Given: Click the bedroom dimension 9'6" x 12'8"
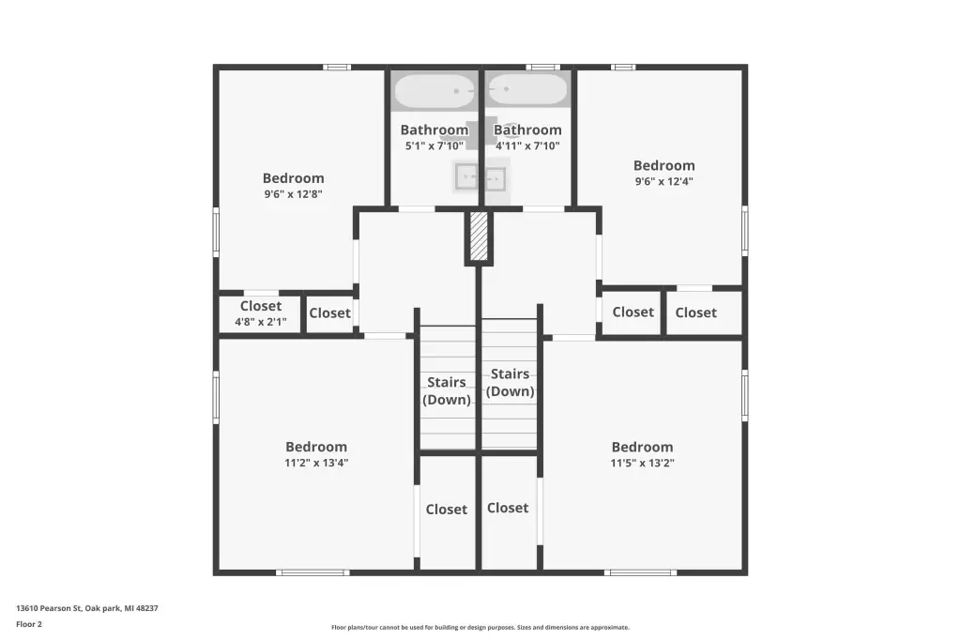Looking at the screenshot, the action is (x=293, y=194).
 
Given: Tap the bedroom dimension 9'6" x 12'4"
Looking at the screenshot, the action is (x=664, y=181).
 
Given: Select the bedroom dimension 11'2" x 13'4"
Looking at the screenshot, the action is (x=316, y=463).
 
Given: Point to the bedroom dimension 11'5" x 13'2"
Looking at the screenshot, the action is (x=642, y=463).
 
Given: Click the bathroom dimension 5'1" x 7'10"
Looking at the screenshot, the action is (x=434, y=145).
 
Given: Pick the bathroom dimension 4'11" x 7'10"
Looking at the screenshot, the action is (x=527, y=145).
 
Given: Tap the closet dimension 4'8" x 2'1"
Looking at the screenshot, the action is (x=261, y=322).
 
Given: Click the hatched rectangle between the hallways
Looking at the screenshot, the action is (x=479, y=236).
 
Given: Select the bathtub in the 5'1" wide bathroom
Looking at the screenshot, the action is (x=435, y=91).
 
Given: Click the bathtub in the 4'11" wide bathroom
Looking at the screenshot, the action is (x=527, y=89).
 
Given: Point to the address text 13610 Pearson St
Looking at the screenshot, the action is (x=49, y=608).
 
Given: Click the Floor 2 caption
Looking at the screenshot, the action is (x=29, y=624).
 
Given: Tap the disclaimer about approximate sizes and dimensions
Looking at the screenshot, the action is (x=480, y=627).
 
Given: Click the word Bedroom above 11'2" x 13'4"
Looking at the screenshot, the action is (x=316, y=447).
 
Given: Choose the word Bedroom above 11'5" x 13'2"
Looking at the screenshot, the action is (x=642, y=447).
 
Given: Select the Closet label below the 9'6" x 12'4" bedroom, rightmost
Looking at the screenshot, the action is (x=695, y=312).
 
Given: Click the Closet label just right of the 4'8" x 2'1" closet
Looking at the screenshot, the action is (x=329, y=313).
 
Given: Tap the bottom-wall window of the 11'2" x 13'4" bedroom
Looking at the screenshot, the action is (x=313, y=572).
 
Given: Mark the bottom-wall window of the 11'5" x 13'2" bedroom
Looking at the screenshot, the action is (x=640, y=572).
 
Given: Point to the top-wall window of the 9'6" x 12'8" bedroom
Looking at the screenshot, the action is (x=337, y=68).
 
